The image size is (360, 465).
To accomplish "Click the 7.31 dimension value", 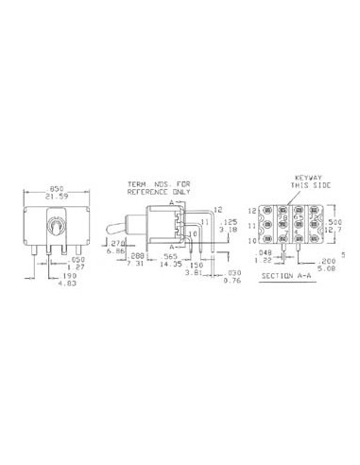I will [x=136, y=265].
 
